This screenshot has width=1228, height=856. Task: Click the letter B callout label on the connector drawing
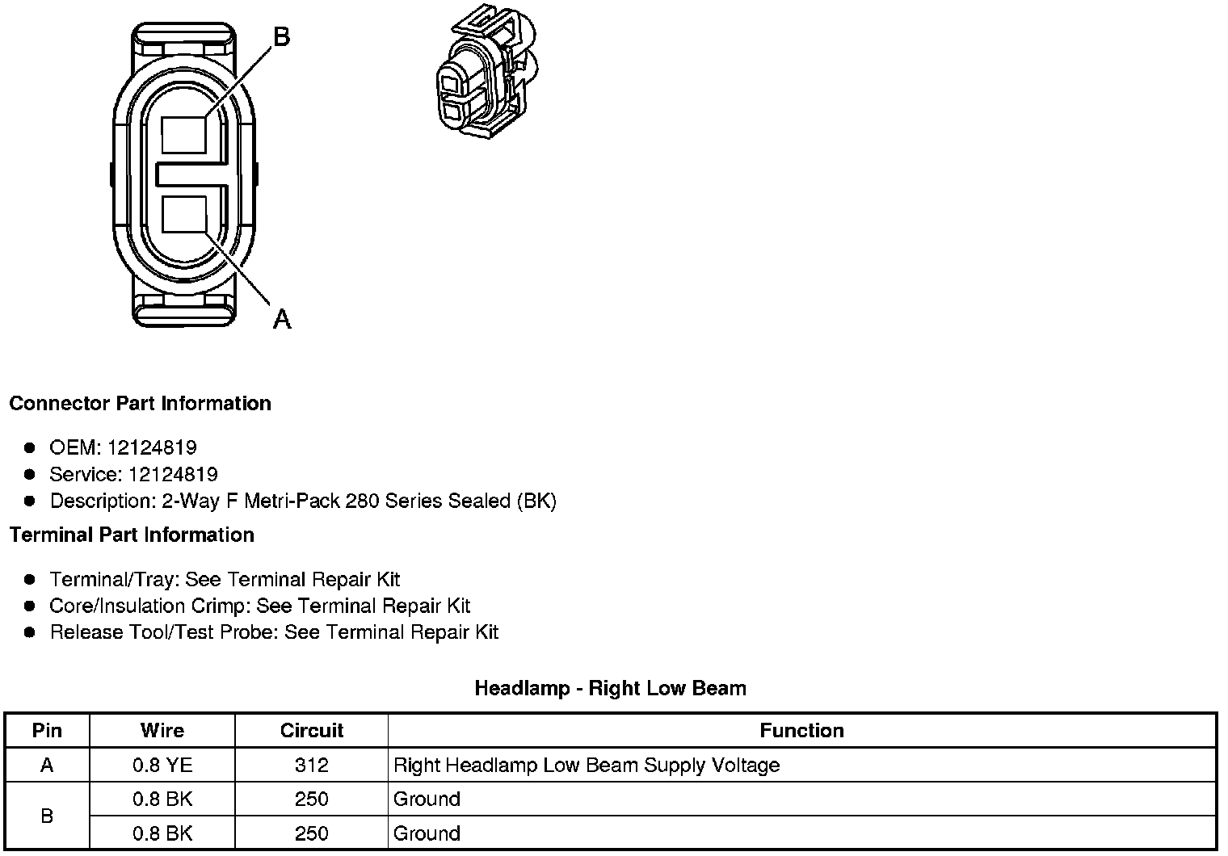click(281, 36)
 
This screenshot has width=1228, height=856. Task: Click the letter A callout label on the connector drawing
click(281, 319)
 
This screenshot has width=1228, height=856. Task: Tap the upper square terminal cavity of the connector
click(184, 134)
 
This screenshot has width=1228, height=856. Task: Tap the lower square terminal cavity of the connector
click(184, 214)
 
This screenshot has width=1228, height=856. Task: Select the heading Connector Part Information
click(140, 403)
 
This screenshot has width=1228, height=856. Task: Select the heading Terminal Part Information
click(132, 535)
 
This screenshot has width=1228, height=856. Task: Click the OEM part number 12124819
click(152, 447)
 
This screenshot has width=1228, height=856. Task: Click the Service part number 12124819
click(173, 474)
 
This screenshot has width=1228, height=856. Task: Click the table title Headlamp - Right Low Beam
click(610, 688)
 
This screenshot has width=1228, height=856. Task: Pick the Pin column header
click(47, 730)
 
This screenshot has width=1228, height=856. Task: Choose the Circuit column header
click(311, 730)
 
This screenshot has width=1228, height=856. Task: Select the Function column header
click(801, 730)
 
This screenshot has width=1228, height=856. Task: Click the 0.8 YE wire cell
click(162, 765)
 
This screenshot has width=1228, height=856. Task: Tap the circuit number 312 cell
click(311, 765)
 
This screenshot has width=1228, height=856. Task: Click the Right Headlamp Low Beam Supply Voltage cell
click(587, 765)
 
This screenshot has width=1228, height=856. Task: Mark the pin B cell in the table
click(47, 816)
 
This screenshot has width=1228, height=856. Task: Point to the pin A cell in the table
click(47, 765)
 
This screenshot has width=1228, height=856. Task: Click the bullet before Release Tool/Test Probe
click(30, 632)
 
